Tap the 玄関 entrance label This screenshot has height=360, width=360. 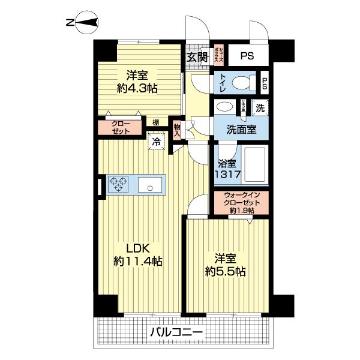pos(197,58)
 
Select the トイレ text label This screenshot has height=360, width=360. pos(223,82)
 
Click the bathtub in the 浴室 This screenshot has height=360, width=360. pos(254,164)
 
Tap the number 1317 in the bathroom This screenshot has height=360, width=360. pos(229,175)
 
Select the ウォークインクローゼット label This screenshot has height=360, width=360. pos(242,203)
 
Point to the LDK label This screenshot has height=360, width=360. pos(137,248)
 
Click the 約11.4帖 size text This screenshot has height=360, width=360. pos(138,262)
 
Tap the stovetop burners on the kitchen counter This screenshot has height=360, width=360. pos(118,184)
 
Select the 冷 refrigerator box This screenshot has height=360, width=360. pos(156,142)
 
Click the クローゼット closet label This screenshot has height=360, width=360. pos(122,127)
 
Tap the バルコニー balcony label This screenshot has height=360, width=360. pos(176,332)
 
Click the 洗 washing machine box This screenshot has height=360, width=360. pos(260,109)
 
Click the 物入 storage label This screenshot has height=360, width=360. pos(177,130)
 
